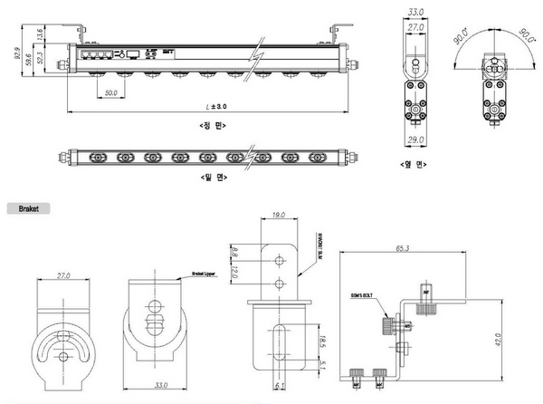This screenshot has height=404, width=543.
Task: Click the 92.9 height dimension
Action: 17,54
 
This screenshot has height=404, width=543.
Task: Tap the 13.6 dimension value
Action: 39,35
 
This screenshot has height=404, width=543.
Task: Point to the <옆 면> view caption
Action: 415,165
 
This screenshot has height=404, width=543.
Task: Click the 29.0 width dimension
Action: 415,139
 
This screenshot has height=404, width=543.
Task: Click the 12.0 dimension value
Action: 234,270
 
